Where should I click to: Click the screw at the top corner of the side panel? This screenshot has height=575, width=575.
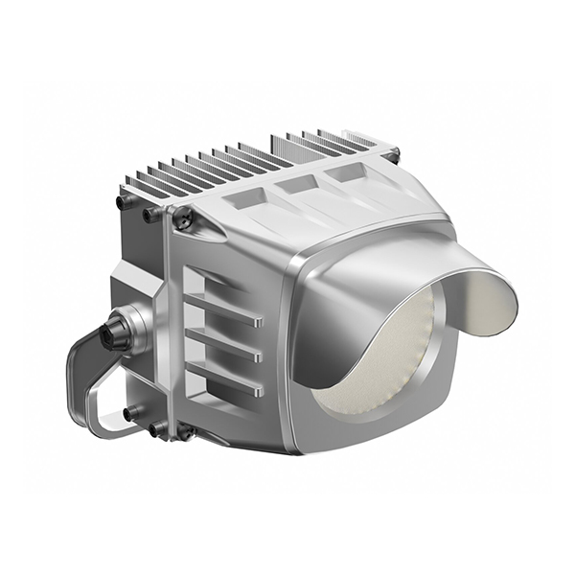coord(184,220)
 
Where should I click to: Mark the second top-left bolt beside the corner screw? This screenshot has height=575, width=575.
coord(151,216)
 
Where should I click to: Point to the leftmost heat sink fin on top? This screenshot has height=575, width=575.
coord(134,184)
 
